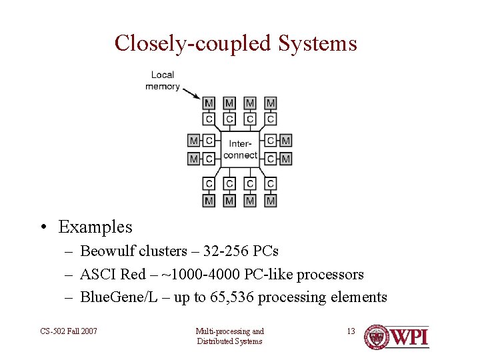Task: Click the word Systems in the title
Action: point(318,43)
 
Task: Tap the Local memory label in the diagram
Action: point(163,81)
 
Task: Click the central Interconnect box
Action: point(240,149)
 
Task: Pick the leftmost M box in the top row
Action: point(209,103)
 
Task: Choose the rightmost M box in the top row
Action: point(271,103)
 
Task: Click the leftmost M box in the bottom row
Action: point(209,200)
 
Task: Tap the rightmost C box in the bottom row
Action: point(271,184)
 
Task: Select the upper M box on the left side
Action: point(193,141)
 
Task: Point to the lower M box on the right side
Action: point(286,159)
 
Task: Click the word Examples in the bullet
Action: point(95,227)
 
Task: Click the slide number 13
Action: point(351,331)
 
